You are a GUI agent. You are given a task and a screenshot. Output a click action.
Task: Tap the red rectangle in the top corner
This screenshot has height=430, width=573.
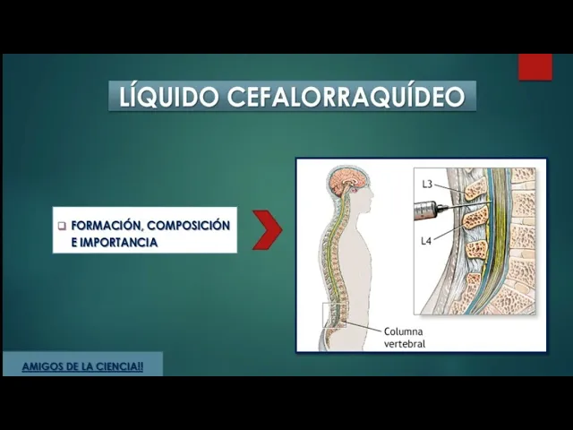pos(535,67)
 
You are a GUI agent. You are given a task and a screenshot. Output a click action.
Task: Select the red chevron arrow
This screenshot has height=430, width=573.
pos(266,230)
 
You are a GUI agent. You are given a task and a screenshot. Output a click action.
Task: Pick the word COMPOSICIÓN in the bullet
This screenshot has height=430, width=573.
pos(188,225)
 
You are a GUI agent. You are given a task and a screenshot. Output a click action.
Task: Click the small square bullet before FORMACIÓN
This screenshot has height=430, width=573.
pos(62,226)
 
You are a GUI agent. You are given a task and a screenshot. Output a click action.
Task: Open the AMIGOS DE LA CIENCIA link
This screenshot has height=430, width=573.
pos(81,366)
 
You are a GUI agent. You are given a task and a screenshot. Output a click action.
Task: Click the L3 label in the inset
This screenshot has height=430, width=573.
pos(428,185)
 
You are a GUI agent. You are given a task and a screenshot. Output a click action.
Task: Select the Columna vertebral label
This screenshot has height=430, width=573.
pos(404,336)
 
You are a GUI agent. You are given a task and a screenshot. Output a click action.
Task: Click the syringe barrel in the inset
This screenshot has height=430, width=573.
pos(429,211)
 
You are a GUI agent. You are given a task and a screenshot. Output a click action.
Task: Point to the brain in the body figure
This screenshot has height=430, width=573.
pos(342,182)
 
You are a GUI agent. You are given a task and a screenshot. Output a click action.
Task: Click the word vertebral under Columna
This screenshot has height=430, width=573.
pos(404,343)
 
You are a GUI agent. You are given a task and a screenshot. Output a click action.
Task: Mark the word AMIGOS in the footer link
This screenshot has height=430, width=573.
pos(41,366)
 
